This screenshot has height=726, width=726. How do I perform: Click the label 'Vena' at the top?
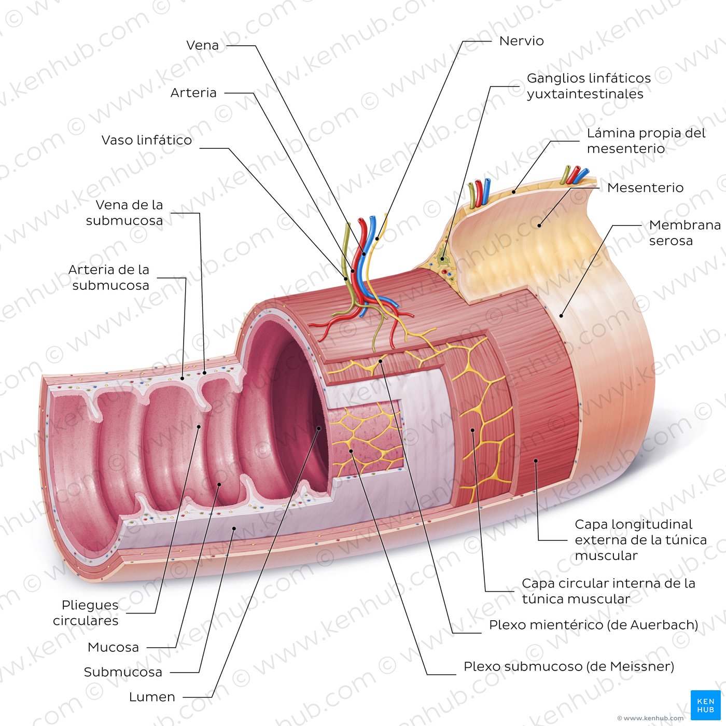[202, 45]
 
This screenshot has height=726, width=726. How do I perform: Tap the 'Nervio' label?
[522, 40]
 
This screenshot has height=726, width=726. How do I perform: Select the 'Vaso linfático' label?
[147, 140]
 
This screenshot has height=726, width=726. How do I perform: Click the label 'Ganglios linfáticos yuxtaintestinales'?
[589, 86]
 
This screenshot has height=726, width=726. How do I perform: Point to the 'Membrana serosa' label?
[685, 233]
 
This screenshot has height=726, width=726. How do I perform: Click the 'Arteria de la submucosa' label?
[108, 277]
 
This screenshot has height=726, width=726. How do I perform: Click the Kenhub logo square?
[706, 705]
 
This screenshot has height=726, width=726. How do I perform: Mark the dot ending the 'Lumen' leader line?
[319, 428]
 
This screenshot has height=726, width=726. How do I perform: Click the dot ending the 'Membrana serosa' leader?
[561, 316]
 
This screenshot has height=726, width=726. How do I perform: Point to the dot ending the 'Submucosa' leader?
[233, 528]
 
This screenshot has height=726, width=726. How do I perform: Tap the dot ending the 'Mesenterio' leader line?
[539, 226]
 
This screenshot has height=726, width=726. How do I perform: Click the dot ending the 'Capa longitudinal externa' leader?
[536, 460]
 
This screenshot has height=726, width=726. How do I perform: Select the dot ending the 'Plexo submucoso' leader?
[351, 451]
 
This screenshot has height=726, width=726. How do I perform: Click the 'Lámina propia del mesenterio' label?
[646, 141]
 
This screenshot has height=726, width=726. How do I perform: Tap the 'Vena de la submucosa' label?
[124, 213]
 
